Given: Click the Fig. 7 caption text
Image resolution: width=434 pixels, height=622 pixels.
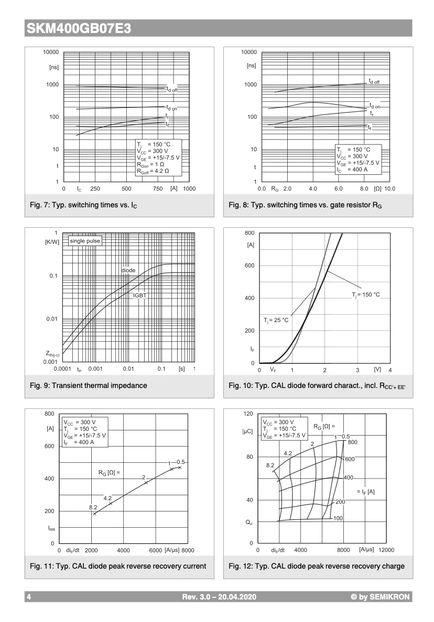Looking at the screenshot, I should coord(86,205).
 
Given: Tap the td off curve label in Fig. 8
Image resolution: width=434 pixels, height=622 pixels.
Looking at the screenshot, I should coord(374,81).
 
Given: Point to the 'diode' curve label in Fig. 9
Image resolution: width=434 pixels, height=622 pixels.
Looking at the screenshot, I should coord(128,270).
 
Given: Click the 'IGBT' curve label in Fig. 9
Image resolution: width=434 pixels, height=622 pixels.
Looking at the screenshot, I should coord(140,295).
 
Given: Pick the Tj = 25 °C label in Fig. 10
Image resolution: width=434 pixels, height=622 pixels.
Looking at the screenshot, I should coord(276,320).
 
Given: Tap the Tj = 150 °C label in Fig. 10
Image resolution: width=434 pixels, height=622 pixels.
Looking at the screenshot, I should coord(365,295).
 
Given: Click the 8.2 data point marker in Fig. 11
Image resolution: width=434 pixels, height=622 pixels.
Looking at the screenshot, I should coord(94,514).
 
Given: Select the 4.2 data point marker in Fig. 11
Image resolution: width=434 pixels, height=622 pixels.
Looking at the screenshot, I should coord(111,504).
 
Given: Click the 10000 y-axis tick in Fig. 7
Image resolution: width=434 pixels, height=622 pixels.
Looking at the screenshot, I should coord(51,52).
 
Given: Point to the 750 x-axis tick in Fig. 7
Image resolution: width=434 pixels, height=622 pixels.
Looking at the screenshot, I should coord(158,188).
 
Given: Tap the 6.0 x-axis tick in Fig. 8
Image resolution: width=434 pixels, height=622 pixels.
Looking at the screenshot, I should coord(339,188).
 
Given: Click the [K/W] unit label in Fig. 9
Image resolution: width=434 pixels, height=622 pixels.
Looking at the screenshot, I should coord(52,241).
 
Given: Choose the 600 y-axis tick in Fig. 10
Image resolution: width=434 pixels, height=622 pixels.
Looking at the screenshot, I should coord(249,265).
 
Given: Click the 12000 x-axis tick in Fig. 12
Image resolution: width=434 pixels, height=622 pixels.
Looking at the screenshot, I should coord(386,550).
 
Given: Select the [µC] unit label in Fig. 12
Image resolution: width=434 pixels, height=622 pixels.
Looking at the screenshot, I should coord(247,431).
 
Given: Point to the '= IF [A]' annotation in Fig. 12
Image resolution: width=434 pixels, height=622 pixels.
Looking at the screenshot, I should coord(365,492).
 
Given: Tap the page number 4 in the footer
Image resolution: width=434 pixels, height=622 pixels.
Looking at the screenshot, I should coord(29,597).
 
